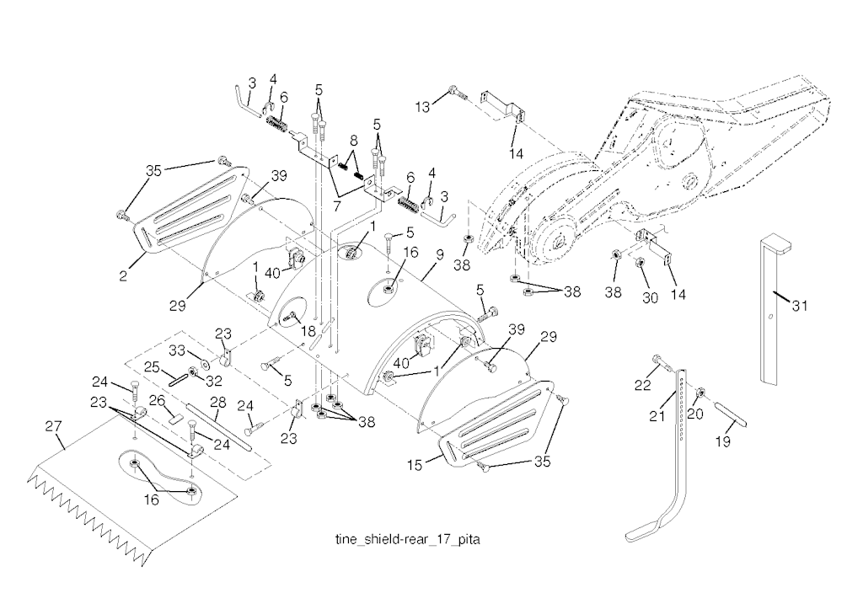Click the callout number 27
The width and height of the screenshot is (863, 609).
click(x=53, y=427)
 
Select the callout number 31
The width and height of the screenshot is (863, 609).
click(x=799, y=306)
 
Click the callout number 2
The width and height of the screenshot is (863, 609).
click(x=124, y=275)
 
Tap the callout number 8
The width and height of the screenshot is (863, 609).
click(x=353, y=140)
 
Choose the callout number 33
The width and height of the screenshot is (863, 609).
click(x=179, y=350)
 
